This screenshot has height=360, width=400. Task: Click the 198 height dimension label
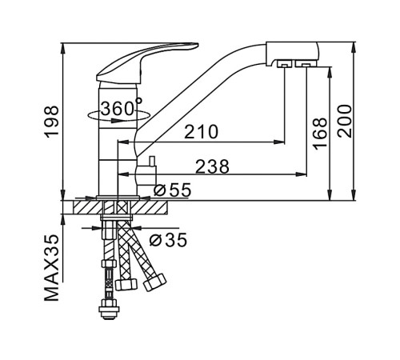pos(51,122)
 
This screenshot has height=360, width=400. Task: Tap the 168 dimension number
pos(320,134)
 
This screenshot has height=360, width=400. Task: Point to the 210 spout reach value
pos(202,132)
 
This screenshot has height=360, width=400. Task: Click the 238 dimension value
pos(212,166)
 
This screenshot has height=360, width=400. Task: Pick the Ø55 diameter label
pos(173,190)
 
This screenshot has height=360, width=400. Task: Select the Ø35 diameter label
pos(168,239)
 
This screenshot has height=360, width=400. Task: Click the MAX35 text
pos(51,267)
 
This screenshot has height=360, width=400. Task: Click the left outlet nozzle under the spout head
pos(284,64)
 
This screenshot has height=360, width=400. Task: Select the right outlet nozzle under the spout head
pos(306,64)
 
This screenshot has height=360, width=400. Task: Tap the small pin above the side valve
pos(152,161)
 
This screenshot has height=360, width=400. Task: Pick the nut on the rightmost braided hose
pos(154,282)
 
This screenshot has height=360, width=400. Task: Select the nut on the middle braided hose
pos(126,284)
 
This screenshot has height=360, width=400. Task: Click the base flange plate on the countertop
pos(118,198)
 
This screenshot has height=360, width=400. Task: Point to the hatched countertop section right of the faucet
pos(150,207)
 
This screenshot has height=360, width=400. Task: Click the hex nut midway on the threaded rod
pos(109,263)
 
